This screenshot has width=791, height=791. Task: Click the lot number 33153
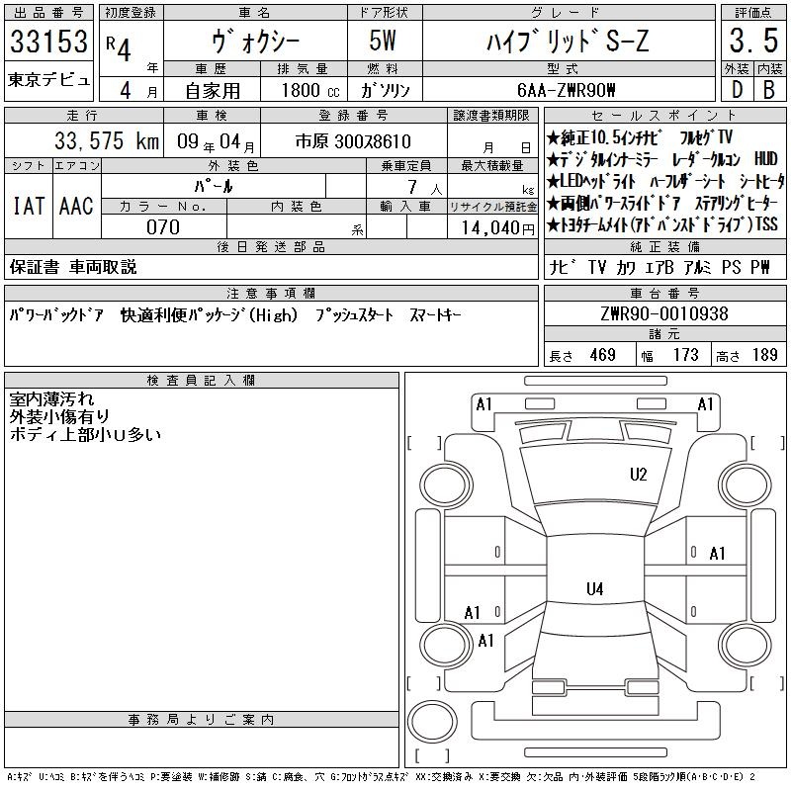click(48, 42)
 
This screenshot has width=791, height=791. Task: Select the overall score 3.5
click(753, 41)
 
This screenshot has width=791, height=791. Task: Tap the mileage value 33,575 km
click(107, 141)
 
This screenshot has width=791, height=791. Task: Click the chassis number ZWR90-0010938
click(664, 313)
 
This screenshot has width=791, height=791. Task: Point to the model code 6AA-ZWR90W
click(567, 90)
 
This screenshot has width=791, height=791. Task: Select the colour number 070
click(163, 227)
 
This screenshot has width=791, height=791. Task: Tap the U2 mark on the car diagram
click(638, 475)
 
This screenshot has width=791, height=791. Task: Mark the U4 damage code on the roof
click(595, 588)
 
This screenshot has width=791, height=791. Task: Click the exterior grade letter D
click(737, 90)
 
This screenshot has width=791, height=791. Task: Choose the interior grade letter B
click(769, 90)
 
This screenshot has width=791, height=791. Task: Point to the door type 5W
click(383, 41)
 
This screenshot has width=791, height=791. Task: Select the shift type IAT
click(29, 206)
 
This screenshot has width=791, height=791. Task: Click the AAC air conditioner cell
click(76, 206)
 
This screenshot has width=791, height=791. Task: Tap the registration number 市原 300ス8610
click(353, 141)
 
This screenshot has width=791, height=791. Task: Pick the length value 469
click(602, 355)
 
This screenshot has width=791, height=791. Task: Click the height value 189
click(764, 355)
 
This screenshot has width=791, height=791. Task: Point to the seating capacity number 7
click(412, 187)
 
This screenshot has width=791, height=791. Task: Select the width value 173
click(685, 355)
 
